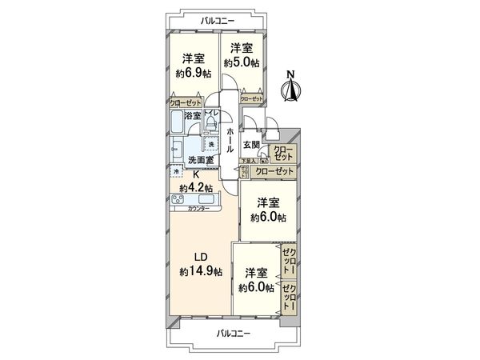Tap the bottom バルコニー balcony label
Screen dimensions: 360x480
point(234,333)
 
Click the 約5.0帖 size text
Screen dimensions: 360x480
point(241,62)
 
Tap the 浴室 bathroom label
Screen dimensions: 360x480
point(192,116)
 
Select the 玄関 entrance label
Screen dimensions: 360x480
point(250,145)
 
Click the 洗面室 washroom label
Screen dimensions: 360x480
point(200,160)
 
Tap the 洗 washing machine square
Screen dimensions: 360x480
point(211,144)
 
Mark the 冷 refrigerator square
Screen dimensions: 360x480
point(174,172)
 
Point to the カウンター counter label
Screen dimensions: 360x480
point(199,209)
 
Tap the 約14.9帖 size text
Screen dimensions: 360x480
point(201,272)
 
